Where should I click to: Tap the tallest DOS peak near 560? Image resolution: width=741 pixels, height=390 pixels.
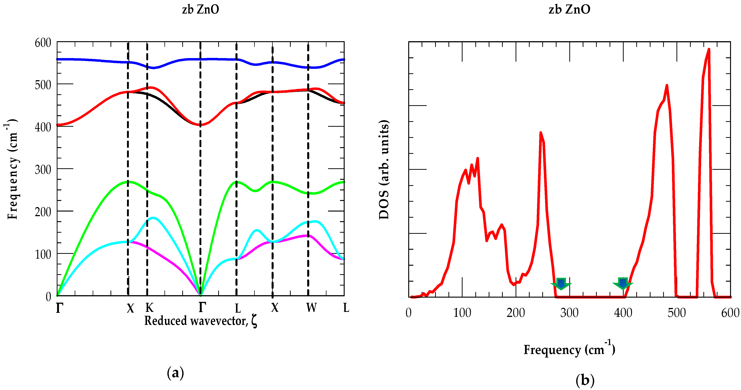pos(709,50)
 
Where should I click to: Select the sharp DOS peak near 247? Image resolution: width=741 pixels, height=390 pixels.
pos(541,133)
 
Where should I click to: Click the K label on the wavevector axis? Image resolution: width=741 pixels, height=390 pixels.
pos(149,308)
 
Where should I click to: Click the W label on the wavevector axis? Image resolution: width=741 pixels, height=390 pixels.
pos(311,308)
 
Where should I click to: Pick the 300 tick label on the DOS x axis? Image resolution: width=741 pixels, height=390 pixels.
pos(569,313)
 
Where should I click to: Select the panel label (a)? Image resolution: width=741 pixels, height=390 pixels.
pos(175,373)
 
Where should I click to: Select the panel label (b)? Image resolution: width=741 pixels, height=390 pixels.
pos(585,380)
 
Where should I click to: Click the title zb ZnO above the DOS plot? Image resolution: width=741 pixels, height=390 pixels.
pos(569,9)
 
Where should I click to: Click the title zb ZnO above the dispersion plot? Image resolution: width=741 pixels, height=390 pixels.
pos(200,9)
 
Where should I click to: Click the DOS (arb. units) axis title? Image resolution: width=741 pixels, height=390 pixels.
pos(384,170)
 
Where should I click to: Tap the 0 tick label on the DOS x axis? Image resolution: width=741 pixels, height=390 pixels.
pos(408,313)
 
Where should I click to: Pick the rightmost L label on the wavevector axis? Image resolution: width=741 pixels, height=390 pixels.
pos(346,308)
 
